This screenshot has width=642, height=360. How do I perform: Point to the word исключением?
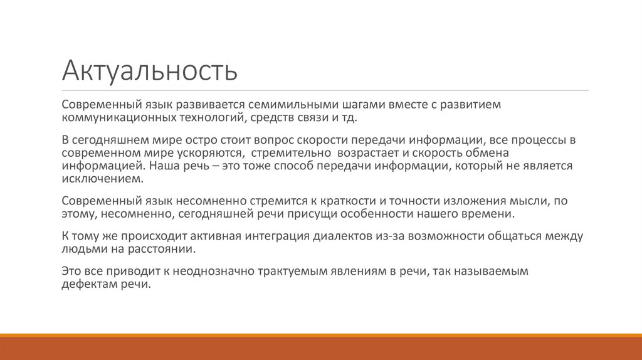tap(102, 179)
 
